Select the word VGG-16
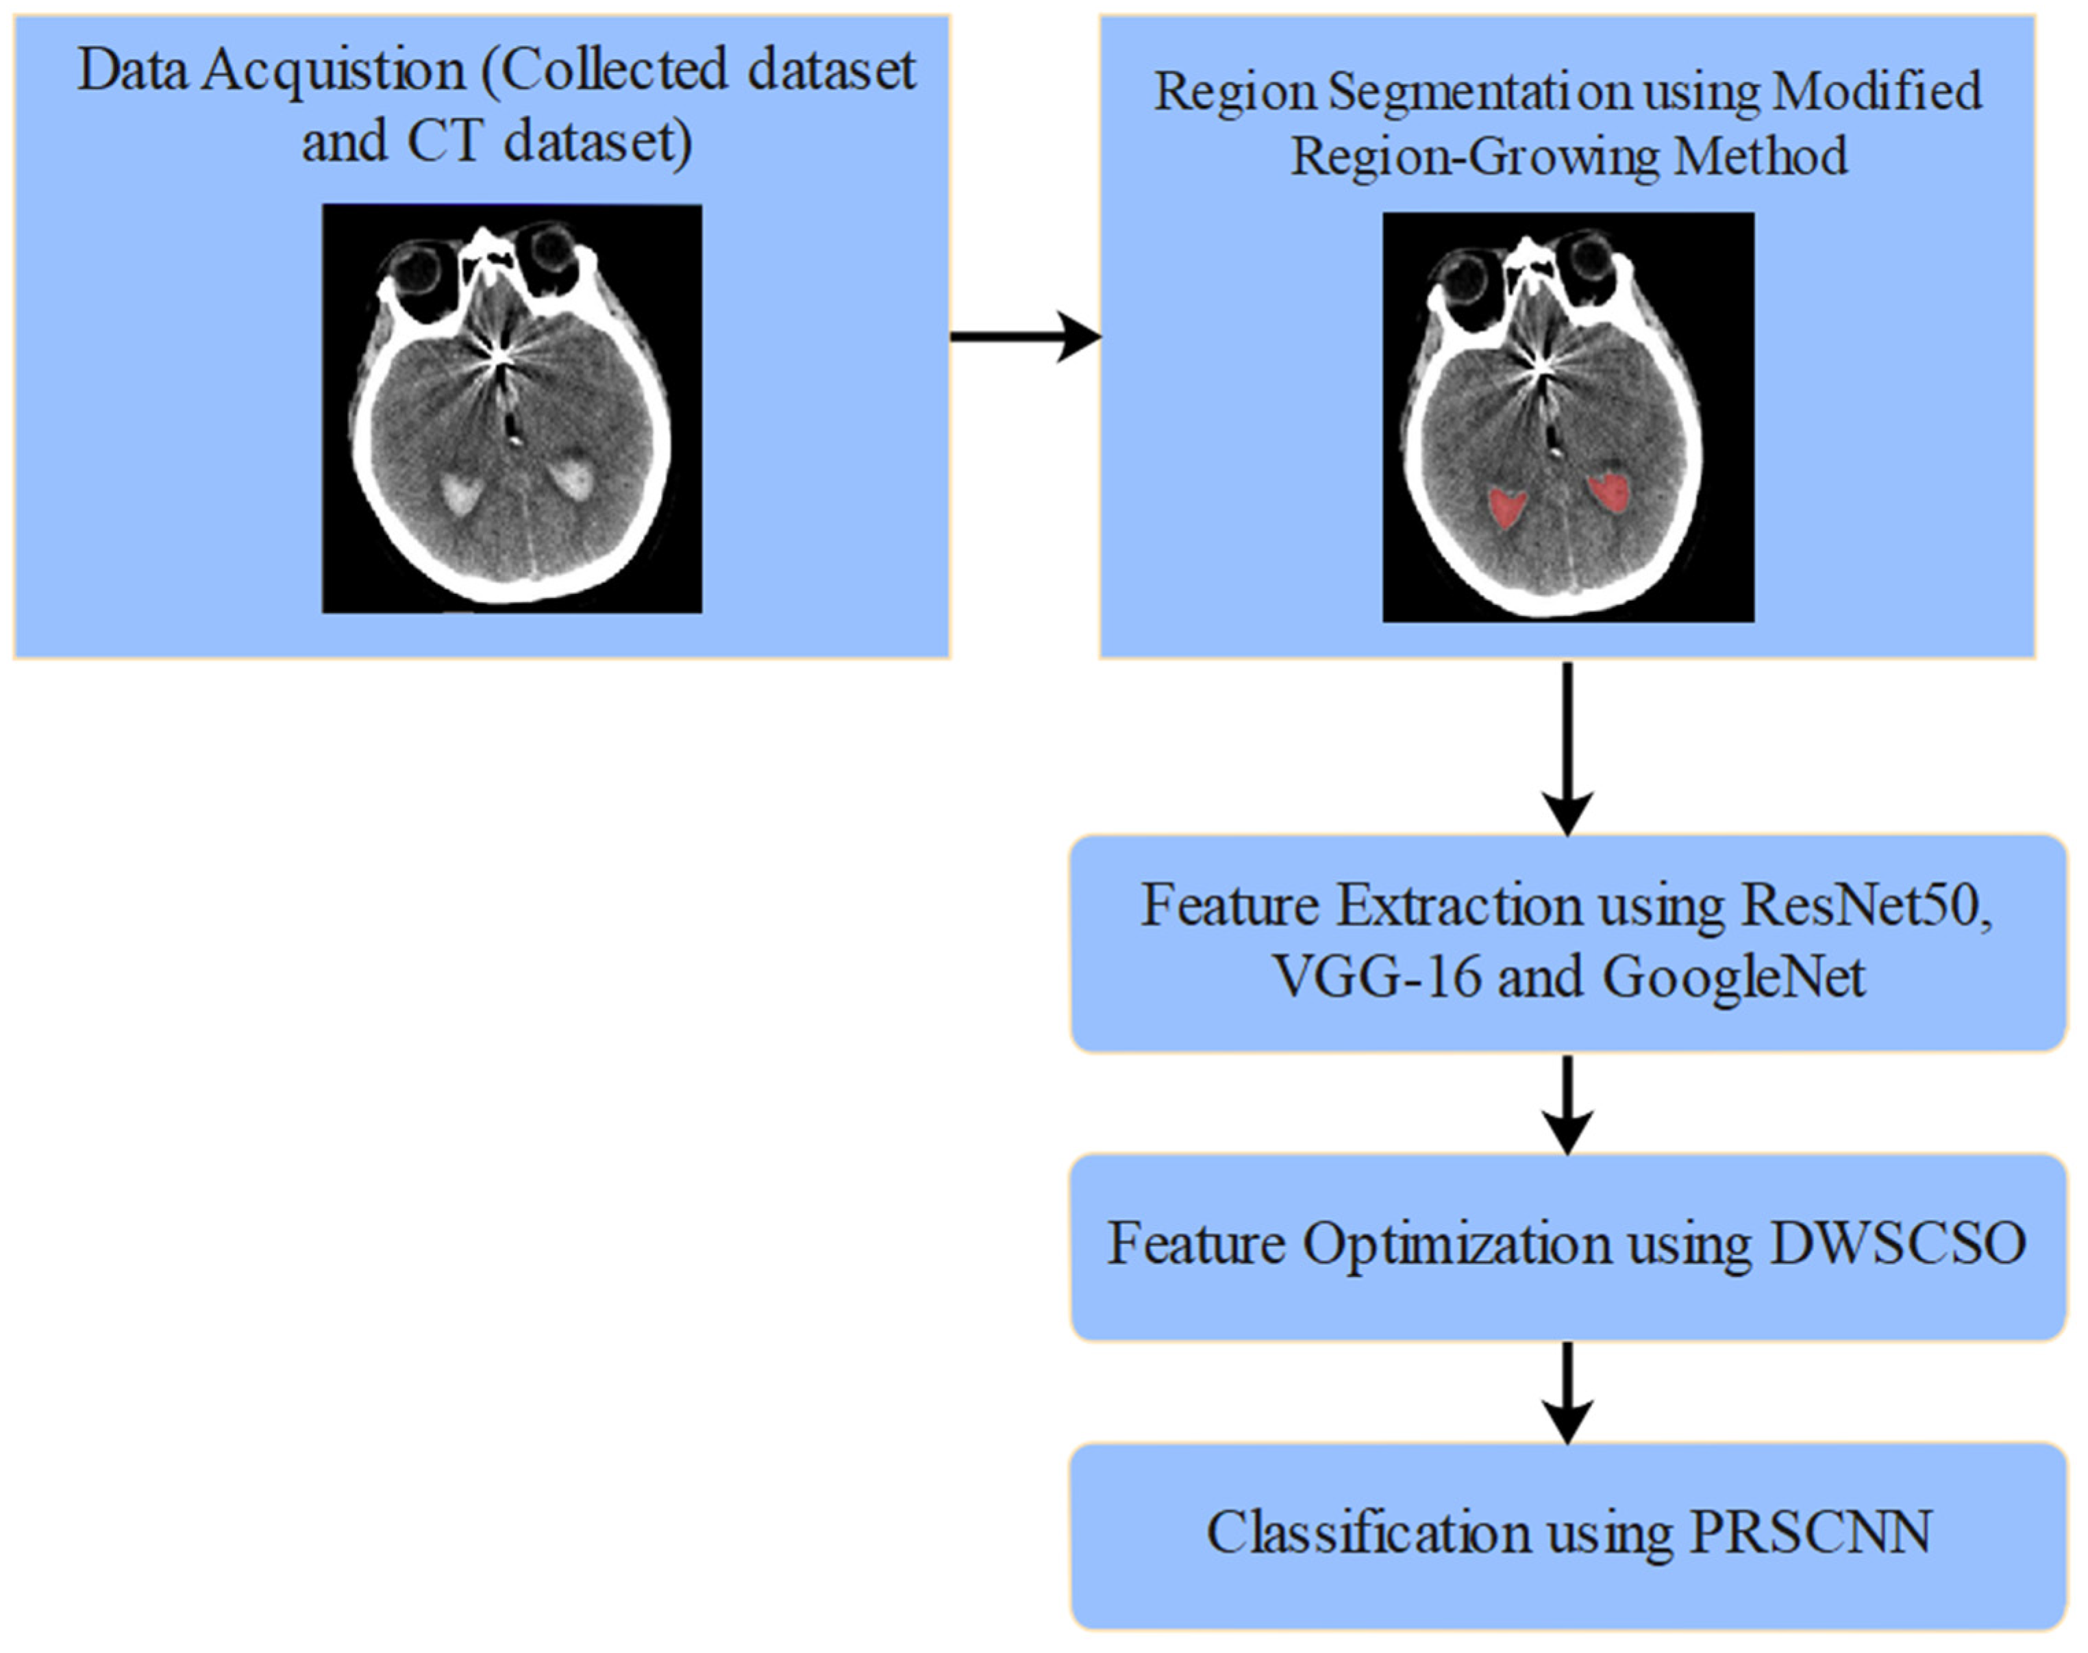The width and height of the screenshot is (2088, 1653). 1376,976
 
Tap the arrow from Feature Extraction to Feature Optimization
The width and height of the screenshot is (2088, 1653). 1567,1104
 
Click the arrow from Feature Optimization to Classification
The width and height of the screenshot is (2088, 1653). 1567,1392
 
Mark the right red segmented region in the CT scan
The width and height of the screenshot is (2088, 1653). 1610,492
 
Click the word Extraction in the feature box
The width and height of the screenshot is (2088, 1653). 1460,907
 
